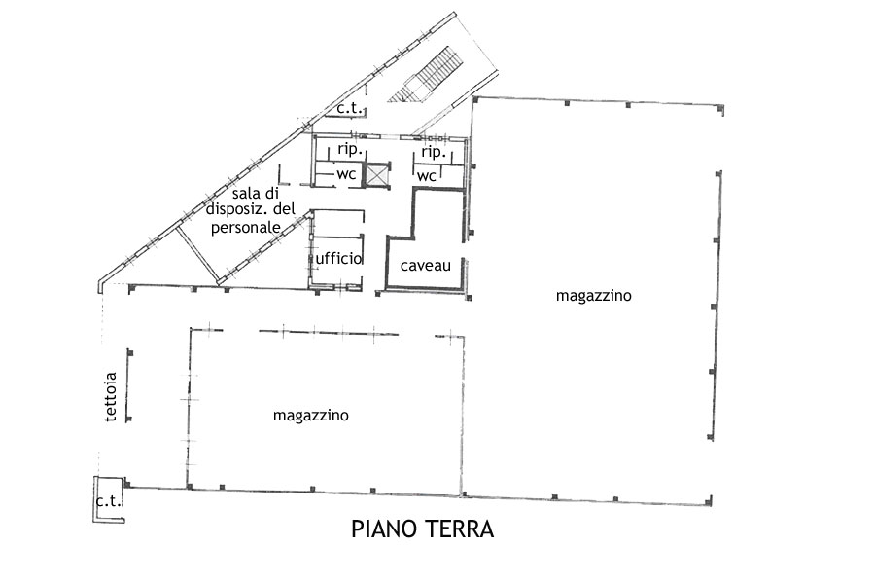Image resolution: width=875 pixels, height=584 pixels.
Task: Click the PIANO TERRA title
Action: click(x=423, y=529)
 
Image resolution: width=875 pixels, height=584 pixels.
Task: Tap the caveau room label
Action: click(x=425, y=266)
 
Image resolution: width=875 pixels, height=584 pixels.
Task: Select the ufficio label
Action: click(x=338, y=258)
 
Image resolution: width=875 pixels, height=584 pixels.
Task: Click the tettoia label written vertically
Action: click(x=111, y=396)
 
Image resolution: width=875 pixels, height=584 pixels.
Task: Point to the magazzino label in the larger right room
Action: click(x=593, y=296)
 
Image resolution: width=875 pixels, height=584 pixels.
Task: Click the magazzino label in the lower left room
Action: click(x=311, y=416)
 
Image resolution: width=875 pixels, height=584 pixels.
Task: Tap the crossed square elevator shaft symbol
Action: click(x=376, y=175)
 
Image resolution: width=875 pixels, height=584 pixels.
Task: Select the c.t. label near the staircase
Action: click(x=349, y=108)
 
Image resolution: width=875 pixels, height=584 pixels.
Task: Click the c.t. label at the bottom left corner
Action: click(x=108, y=501)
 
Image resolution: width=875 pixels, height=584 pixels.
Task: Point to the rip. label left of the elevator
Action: click(x=350, y=150)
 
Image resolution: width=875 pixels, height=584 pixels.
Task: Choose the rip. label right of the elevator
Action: click(x=434, y=152)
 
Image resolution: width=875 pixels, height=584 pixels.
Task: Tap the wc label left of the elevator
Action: click(x=346, y=174)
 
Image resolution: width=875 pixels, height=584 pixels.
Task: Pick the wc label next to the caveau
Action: click(x=427, y=176)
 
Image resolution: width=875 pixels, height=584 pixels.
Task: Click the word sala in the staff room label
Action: click(x=244, y=194)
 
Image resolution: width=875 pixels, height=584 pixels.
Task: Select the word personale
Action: click(x=246, y=229)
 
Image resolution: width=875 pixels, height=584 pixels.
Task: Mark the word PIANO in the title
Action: click(x=378, y=529)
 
